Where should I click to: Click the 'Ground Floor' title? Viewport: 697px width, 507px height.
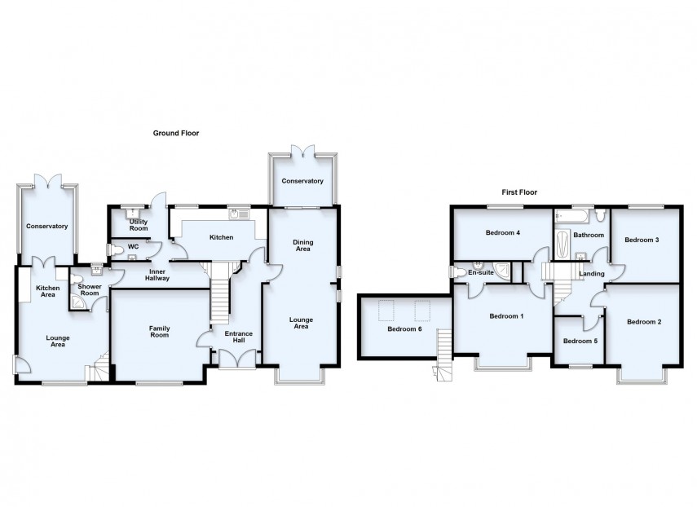176,132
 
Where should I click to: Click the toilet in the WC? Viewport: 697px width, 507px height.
115,249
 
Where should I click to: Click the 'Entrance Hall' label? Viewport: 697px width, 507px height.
239,337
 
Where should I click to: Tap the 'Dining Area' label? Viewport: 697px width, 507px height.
302,245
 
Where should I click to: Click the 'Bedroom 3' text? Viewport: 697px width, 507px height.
641,240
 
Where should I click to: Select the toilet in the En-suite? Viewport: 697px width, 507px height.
457,272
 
